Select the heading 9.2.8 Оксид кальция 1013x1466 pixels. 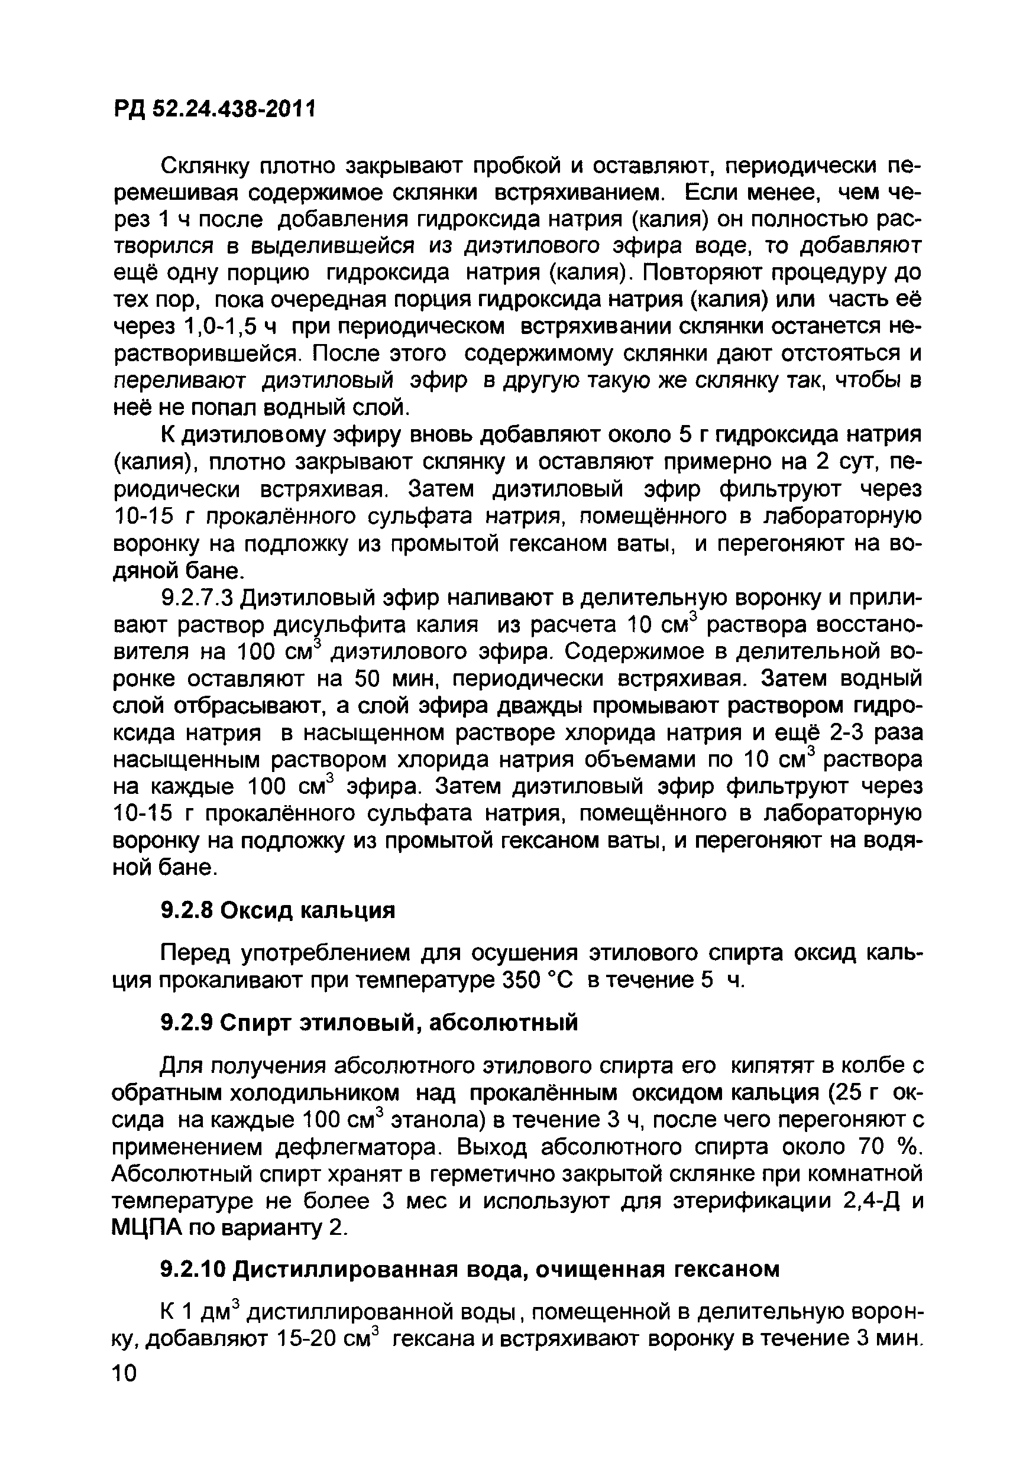coord(278,910)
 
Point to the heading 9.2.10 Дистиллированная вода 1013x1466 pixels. coord(470,1269)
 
